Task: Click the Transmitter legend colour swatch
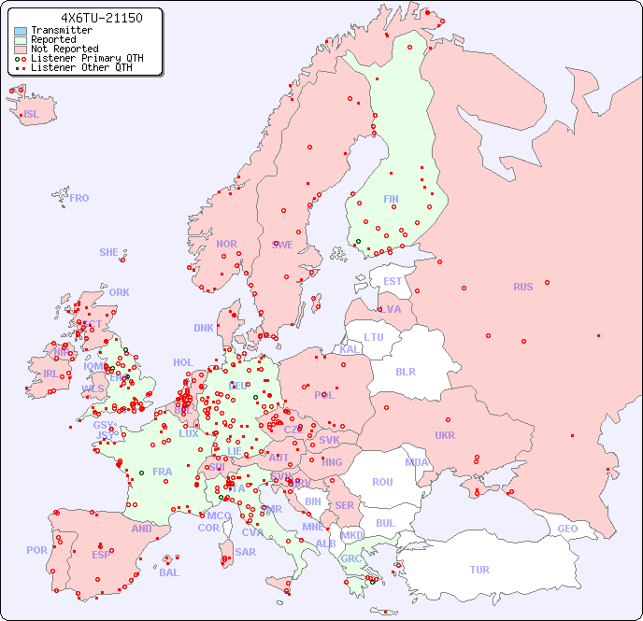point(21,31)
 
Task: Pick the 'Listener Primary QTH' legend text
point(87,58)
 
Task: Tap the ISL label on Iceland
point(32,115)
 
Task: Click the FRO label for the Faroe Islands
point(79,198)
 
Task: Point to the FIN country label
point(391,199)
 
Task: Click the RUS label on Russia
point(522,287)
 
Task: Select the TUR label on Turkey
point(479,570)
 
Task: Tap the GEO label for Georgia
point(567,529)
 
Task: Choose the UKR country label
point(445,435)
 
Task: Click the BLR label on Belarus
point(405,371)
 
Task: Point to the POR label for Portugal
point(36,550)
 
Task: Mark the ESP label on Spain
point(101,555)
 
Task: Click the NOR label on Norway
point(226,244)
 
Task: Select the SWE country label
point(282,245)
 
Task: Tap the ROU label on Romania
point(382,482)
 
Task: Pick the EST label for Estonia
point(393,281)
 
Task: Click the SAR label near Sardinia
point(246,552)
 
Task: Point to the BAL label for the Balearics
point(169,572)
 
